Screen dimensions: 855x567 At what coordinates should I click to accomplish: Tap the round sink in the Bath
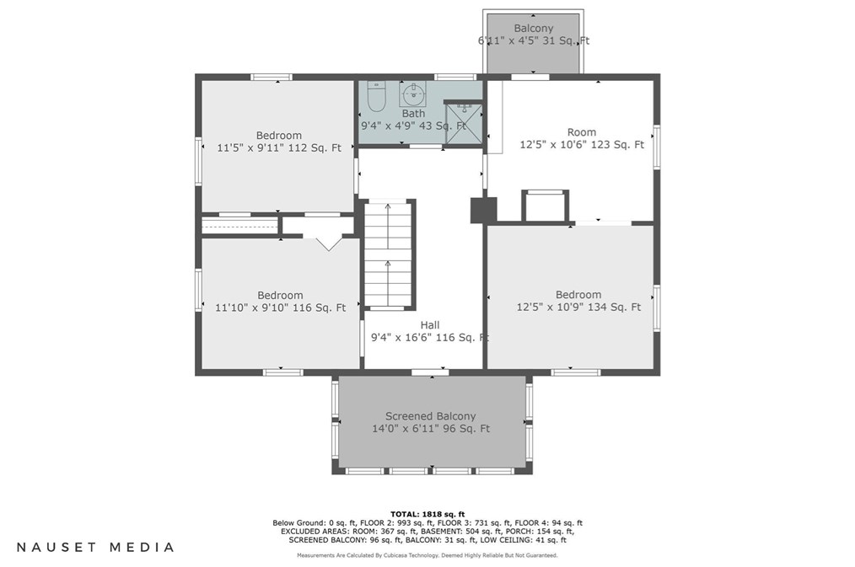(413, 94)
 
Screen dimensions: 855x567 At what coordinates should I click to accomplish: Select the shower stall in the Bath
(464, 124)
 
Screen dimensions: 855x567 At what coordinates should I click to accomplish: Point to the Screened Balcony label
(431, 416)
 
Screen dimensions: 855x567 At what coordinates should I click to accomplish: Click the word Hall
(430, 325)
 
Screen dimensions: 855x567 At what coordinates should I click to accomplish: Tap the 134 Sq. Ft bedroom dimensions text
(578, 308)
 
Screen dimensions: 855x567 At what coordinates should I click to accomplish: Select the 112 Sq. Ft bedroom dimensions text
(279, 147)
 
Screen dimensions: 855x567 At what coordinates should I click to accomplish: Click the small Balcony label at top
(533, 29)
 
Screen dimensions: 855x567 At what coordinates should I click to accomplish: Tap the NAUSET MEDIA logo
(95, 547)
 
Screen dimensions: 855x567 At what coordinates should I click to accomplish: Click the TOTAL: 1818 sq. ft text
(427, 514)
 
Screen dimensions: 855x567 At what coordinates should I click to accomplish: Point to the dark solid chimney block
(484, 211)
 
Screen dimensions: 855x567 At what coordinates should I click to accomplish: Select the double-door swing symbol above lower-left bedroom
(329, 243)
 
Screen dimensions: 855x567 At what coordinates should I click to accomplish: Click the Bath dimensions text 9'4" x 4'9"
(413, 126)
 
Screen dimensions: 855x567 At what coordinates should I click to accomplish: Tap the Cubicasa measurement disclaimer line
(427, 555)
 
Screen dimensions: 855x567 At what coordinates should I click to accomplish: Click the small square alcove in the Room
(546, 207)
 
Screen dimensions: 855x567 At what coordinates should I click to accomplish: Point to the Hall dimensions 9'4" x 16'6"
(430, 338)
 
